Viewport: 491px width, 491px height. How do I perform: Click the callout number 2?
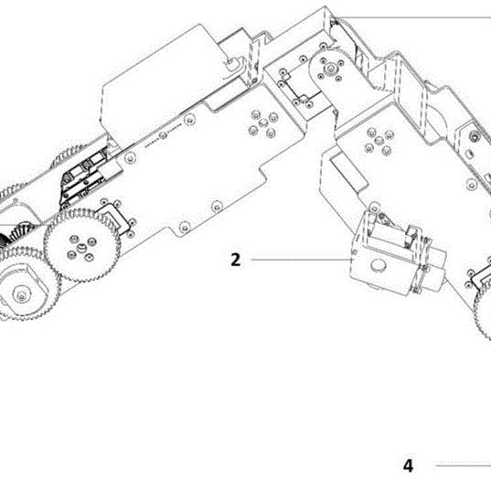click(236, 260)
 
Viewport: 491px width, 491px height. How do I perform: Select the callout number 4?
click(408, 465)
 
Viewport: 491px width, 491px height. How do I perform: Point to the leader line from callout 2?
click(301, 260)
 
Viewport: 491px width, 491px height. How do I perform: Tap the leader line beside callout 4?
click(464, 465)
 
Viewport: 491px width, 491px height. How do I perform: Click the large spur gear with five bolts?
click(81, 246)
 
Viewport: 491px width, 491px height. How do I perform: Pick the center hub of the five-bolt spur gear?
click(81, 248)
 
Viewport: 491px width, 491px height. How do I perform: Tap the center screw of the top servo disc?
click(330, 68)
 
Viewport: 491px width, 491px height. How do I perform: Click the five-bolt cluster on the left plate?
click(263, 123)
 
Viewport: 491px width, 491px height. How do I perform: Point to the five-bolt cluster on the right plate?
click(379, 141)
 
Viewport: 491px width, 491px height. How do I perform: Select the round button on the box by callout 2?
click(379, 265)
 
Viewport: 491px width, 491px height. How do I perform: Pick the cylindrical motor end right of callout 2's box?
click(434, 270)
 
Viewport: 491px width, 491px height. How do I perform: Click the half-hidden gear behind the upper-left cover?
click(68, 155)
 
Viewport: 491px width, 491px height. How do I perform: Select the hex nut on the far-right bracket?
click(475, 137)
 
